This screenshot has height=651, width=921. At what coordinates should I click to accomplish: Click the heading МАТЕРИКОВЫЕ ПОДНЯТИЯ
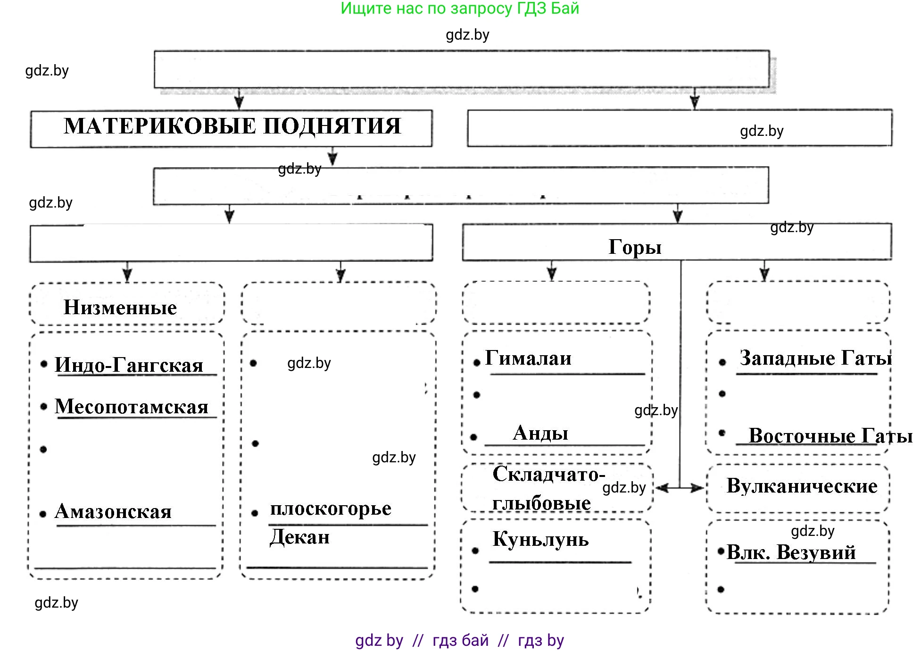coord(232,126)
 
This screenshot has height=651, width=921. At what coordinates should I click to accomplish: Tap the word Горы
coord(635,247)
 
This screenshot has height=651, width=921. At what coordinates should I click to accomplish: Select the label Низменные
coord(120,308)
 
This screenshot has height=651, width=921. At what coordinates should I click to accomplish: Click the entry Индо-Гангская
coord(129,365)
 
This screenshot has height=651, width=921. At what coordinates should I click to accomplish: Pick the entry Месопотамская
coord(132,406)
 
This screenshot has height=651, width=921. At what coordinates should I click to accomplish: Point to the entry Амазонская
coord(113,511)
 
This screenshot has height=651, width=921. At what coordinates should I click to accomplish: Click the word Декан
coord(299,537)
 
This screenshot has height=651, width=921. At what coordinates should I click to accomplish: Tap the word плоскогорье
coord(331,508)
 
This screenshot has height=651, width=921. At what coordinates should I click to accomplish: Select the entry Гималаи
coord(528,358)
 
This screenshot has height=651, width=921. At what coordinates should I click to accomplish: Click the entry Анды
coord(540,433)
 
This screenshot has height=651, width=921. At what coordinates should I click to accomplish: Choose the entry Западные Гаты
coord(815,358)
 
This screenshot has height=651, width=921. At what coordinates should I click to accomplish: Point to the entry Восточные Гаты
coord(830,435)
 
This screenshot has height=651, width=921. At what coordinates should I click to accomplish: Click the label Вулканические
coord(802,486)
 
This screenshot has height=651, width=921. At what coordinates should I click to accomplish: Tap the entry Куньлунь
coord(540,539)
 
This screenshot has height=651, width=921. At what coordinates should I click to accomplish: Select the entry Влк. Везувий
coord(791,552)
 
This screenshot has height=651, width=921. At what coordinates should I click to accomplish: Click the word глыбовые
coord(541,503)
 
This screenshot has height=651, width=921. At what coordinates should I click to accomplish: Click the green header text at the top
coord(460,8)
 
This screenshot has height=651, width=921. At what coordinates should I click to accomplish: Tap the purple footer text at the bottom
coord(460,640)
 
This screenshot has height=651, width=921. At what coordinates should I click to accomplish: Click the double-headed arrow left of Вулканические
coord(680,488)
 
